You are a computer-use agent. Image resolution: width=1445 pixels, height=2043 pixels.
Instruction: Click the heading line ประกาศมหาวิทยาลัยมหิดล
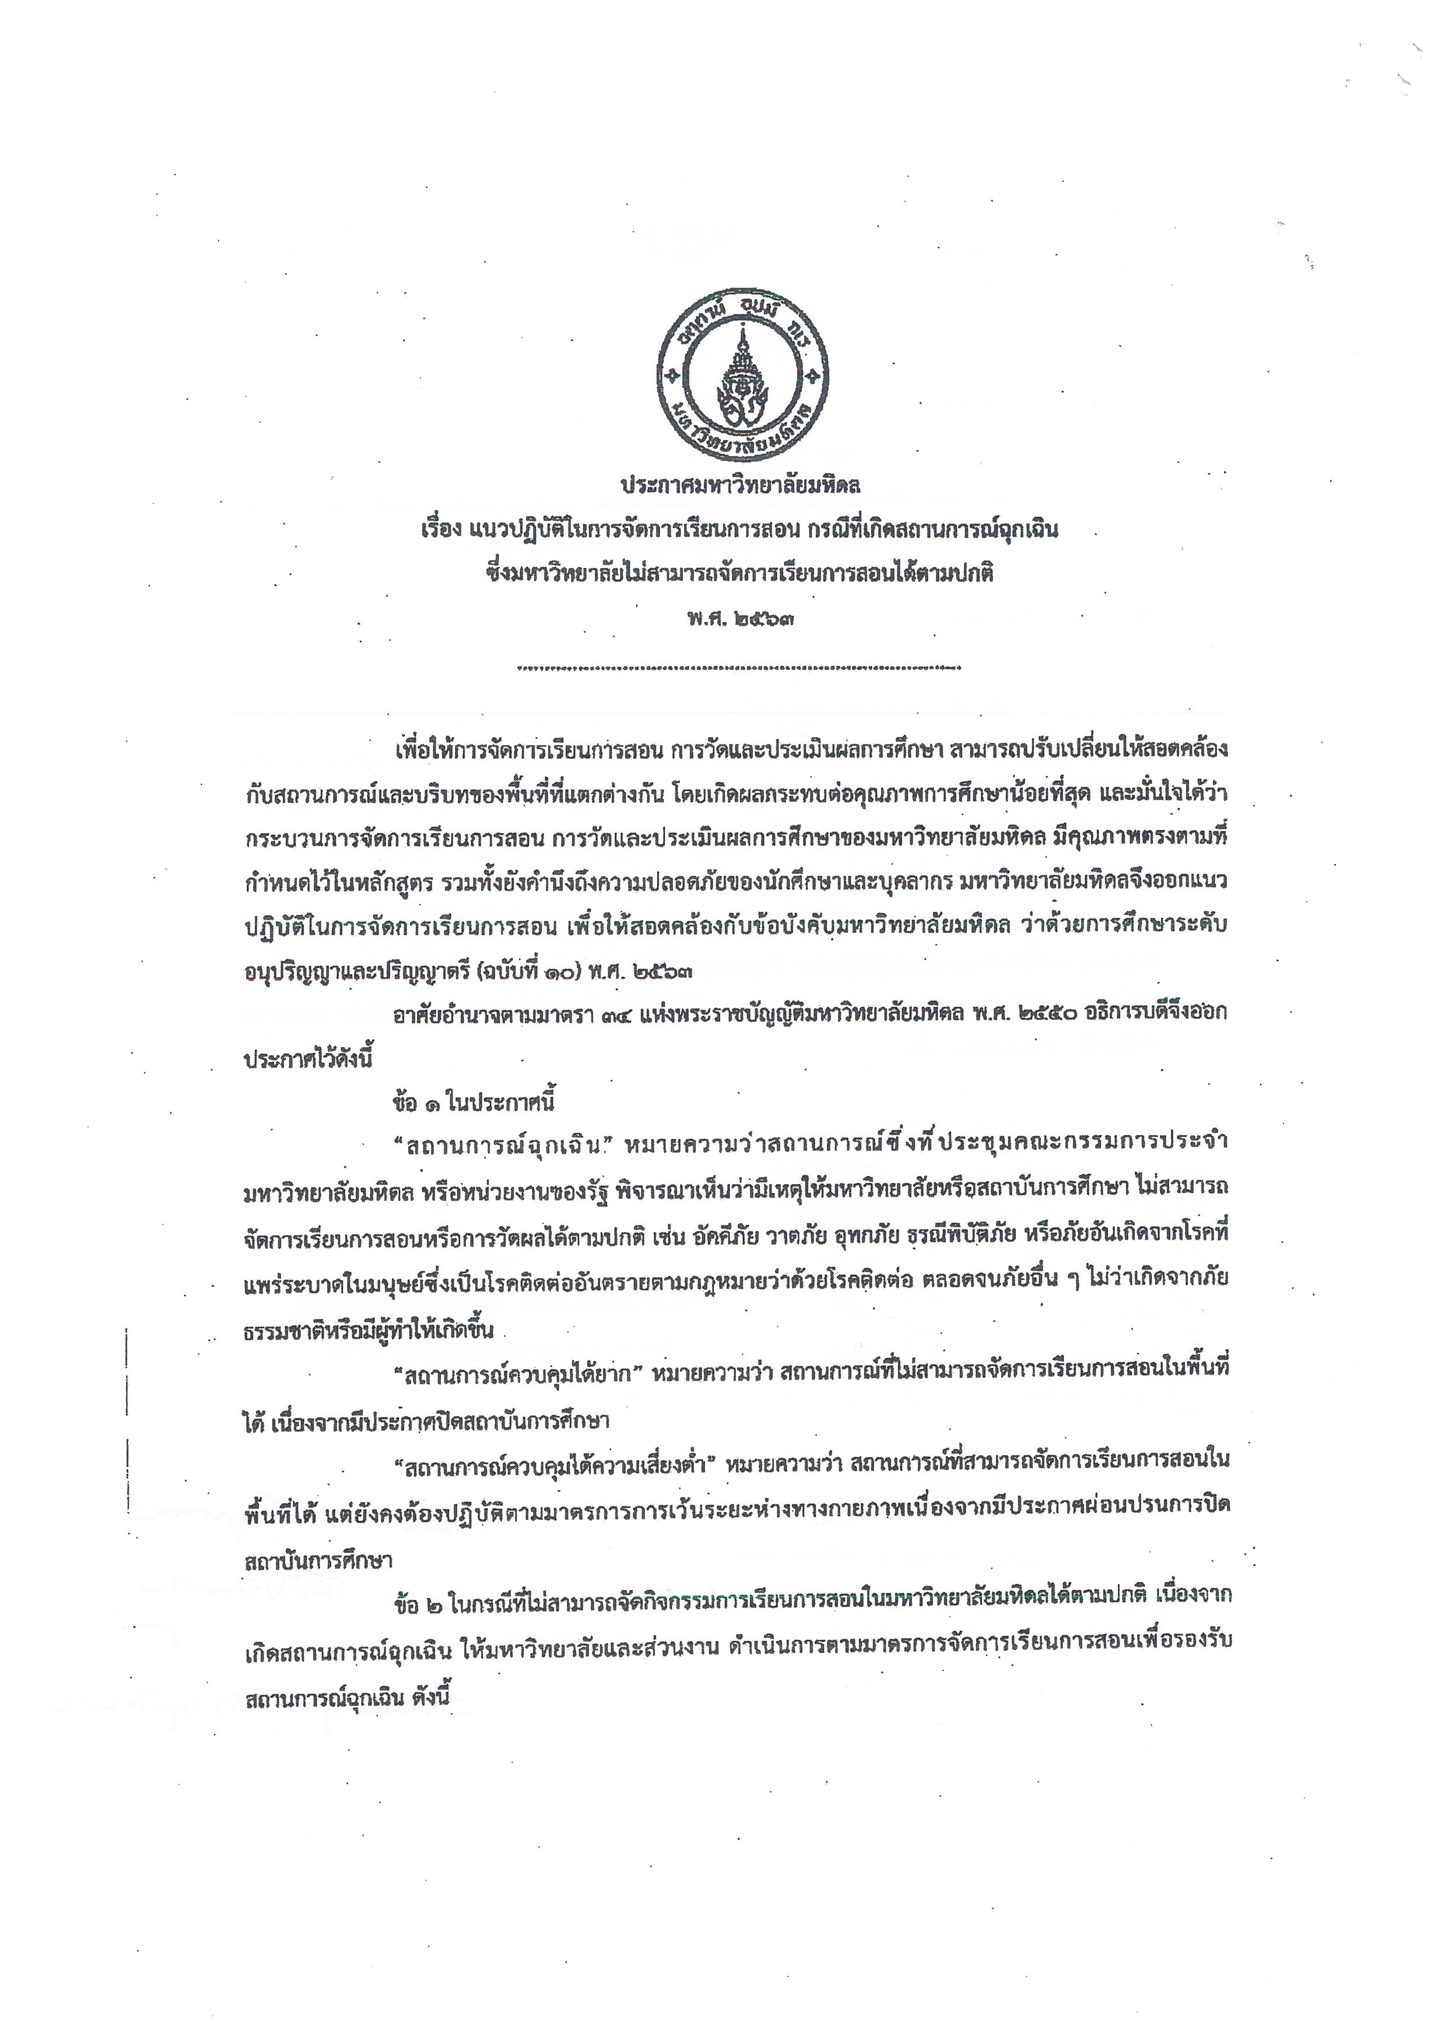(x=741, y=487)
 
